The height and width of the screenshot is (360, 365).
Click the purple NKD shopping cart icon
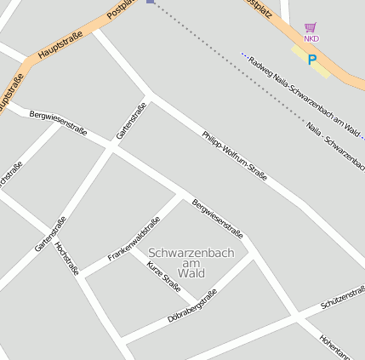point(311,27)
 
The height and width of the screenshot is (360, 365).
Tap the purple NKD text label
point(311,38)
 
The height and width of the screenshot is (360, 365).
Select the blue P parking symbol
point(311,60)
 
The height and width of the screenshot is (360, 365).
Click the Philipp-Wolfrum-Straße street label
point(235,156)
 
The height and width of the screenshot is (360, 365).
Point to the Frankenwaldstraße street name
point(134,239)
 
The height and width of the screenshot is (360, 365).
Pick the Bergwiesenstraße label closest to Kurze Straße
point(218,219)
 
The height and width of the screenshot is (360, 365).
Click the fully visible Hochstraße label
point(66,259)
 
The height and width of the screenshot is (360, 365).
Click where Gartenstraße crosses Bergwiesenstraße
point(111,148)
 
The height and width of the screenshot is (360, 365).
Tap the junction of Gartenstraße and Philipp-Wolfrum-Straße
point(151,93)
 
